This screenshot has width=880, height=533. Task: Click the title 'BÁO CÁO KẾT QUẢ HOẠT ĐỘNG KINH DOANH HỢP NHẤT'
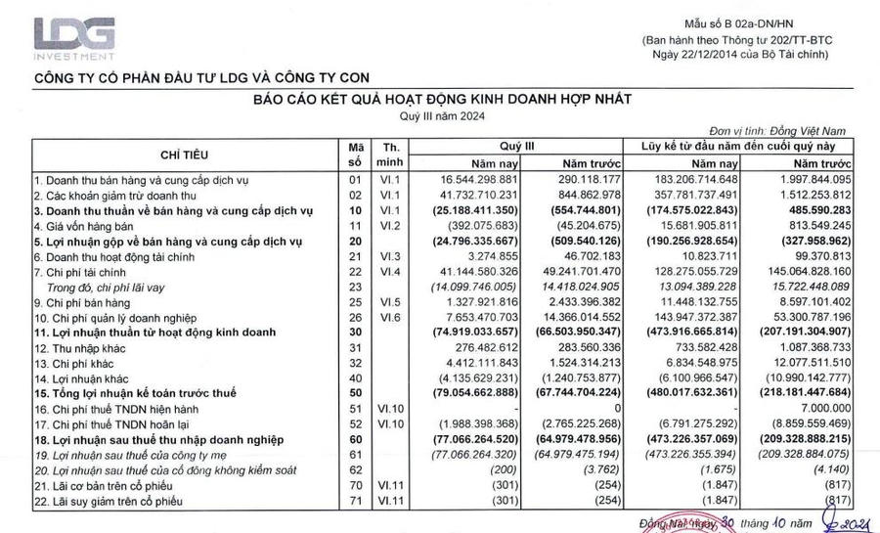point(443,99)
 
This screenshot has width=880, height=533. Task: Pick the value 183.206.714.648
point(696,180)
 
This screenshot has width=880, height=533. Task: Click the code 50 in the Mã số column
point(355,392)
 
